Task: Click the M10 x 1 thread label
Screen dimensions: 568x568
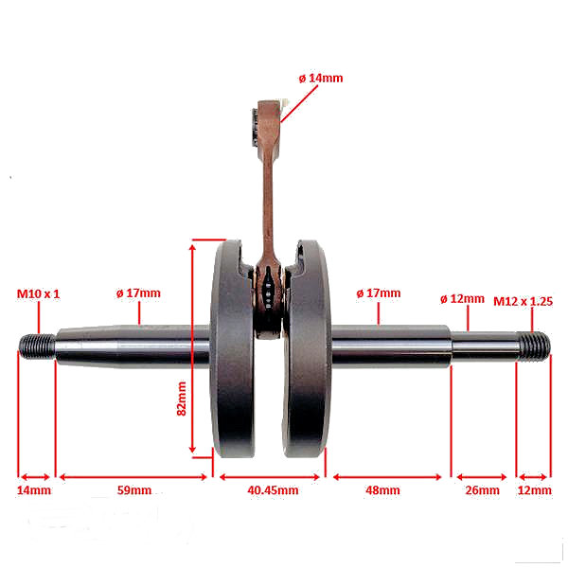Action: [38, 293]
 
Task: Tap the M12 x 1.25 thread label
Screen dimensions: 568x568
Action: [523, 301]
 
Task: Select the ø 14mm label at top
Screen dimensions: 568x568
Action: [321, 79]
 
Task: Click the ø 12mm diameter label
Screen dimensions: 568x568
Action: [462, 299]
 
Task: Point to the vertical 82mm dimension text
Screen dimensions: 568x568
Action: [182, 399]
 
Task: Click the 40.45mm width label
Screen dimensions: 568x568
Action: [274, 490]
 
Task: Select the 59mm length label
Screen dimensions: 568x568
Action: [134, 490]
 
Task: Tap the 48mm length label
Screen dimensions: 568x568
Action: [382, 490]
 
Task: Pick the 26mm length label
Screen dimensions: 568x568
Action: [482, 490]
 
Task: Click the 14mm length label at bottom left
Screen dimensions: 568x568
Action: [34, 490]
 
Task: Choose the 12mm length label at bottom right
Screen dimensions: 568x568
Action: [535, 490]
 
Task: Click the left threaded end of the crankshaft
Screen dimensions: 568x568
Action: [37, 346]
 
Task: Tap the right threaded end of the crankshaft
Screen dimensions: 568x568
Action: [534, 346]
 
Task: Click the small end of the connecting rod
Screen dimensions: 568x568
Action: [268, 129]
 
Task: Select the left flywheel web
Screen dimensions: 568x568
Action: [233, 349]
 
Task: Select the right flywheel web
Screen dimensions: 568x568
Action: [307, 348]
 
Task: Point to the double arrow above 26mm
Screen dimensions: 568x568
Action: [482, 477]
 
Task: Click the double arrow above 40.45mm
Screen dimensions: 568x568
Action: [270, 477]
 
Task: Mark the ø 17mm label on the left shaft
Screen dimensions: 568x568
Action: [138, 293]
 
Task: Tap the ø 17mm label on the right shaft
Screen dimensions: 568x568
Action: [379, 293]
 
